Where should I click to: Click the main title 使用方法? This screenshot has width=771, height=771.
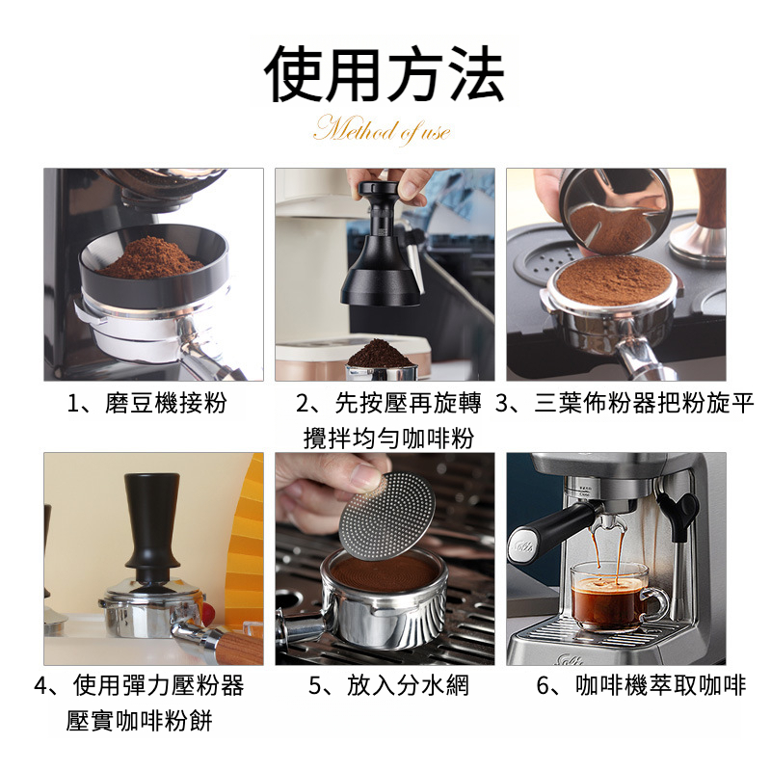pos(384,73)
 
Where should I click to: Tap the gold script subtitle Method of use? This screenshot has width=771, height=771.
pos(382,130)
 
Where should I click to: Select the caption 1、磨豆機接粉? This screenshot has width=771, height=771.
pos(146,403)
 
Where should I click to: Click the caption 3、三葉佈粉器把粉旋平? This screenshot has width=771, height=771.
pos(625,403)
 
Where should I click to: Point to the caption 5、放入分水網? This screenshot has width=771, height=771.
pos(389,685)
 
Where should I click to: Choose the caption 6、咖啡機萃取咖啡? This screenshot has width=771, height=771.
pos(641,685)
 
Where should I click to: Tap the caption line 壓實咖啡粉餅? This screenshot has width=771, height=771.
pos(139,721)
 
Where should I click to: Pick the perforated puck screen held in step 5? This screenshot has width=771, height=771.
pos(387,517)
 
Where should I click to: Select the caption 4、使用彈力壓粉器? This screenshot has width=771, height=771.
pos(139,685)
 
